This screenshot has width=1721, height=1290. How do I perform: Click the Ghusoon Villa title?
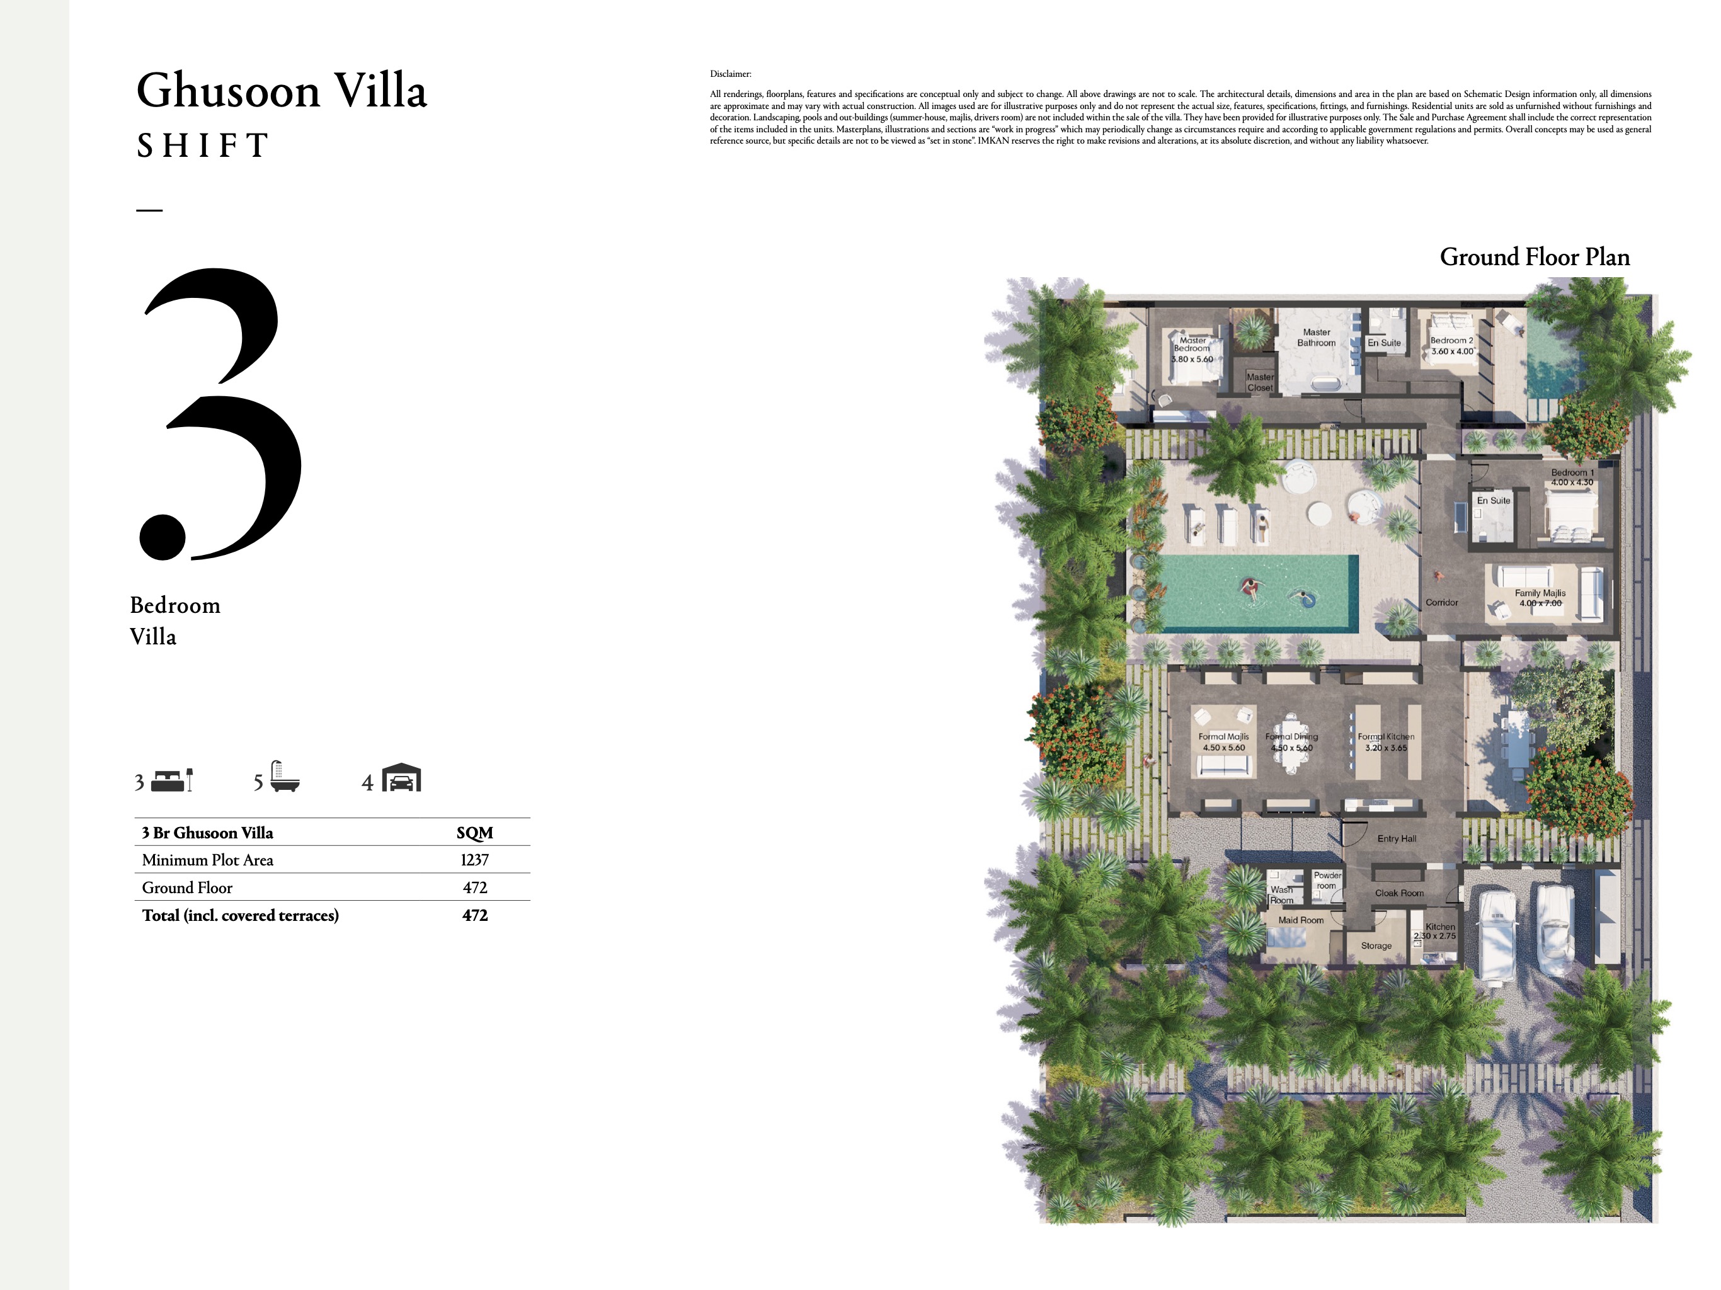click(281, 91)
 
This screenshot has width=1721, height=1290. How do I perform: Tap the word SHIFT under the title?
click(202, 146)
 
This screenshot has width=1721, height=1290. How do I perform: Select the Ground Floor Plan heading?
click(1535, 257)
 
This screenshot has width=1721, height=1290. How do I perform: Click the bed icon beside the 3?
click(172, 780)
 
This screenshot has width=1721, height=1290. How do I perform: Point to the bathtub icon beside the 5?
click(285, 777)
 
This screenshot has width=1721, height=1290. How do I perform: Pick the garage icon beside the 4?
click(401, 778)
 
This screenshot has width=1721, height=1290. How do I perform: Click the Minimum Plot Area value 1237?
click(474, 860)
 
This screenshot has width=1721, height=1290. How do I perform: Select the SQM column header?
click(474, 833)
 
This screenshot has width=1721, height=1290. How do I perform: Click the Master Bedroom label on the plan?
click(1192, 345)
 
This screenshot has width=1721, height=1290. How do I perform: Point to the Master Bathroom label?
click(1317, 338)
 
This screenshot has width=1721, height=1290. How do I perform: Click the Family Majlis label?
click(1540, 593)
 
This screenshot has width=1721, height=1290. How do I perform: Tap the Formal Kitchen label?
click(1386, 737)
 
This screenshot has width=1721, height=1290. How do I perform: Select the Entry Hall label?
click(1397, 839)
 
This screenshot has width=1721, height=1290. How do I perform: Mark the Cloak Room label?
click(1399, 893)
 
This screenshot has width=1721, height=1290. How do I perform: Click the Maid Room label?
click(1300, 920)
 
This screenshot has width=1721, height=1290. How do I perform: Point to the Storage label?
click(1376, 946)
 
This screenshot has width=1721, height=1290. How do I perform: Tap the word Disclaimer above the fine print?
click(731, 74)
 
